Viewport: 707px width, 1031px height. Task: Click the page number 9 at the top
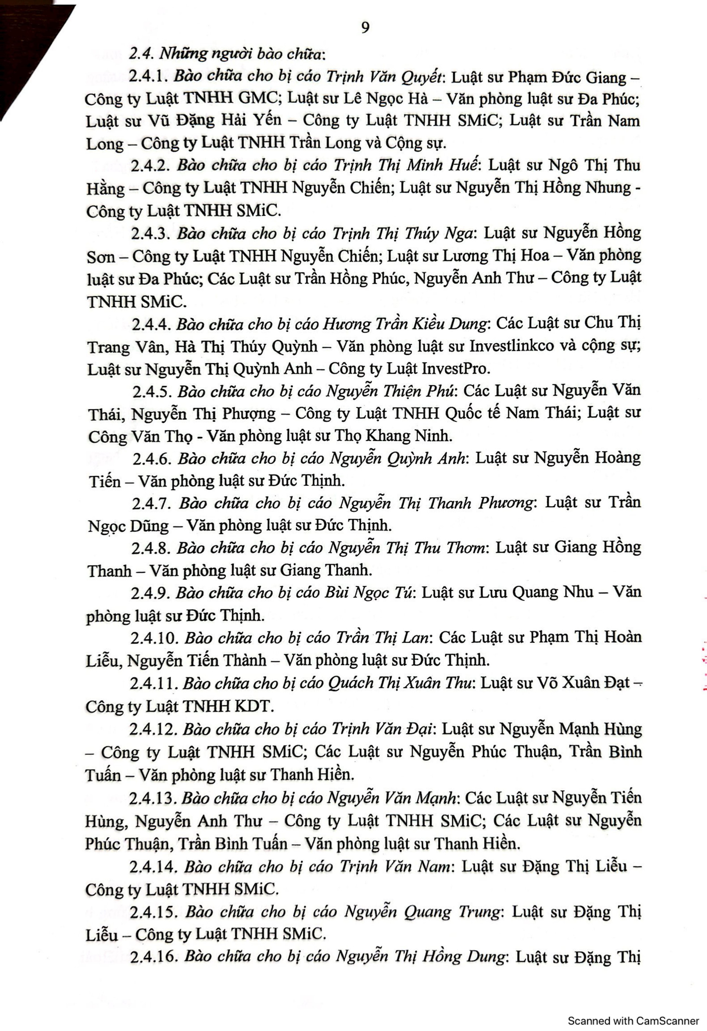click(x=365, y=28)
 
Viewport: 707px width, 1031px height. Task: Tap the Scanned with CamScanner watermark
click(x=633, y=1020)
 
